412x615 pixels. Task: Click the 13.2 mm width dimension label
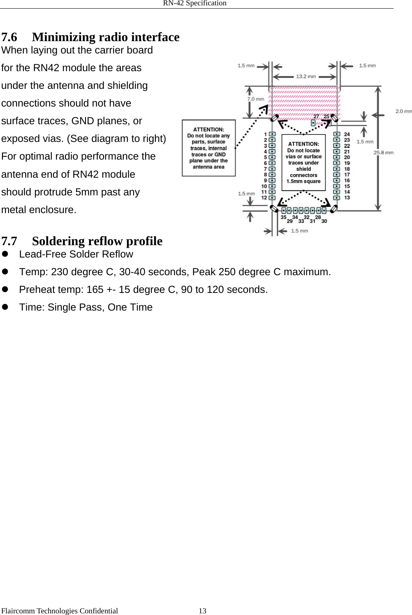306,76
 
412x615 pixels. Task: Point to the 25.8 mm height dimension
383,152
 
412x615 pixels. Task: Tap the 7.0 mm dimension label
255,99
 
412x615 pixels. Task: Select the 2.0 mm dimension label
403,111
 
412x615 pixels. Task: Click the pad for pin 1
272,134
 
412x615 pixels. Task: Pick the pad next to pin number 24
337,134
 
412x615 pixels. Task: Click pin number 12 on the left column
264,197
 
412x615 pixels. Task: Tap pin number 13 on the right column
347,197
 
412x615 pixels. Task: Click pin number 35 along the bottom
283,217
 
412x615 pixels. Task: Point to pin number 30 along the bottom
324,221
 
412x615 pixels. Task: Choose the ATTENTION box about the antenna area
209,148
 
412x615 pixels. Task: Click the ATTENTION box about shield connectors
303,162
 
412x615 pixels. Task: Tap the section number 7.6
9,37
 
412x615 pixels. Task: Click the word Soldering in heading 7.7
59,241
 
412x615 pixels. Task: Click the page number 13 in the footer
202,611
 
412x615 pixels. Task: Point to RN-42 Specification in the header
194,3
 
